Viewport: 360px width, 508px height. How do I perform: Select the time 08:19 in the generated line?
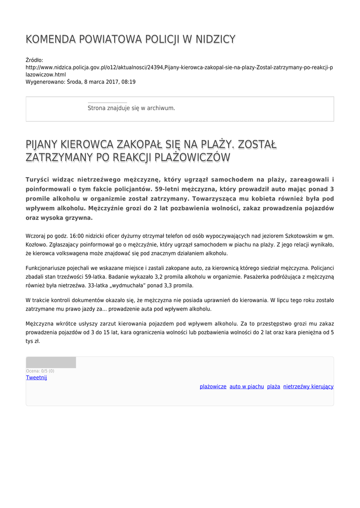pyautogui.click(x=129, y=82)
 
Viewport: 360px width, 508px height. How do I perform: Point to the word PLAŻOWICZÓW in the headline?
pyautogui.click(x=193, y=158)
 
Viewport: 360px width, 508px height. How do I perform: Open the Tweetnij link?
pyautogui.click(x=36, y=378)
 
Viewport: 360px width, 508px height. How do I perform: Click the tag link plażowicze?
pyautogui.click(x=213, y=386)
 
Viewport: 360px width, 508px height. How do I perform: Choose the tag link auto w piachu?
pyautogui.click(x=246, y=386)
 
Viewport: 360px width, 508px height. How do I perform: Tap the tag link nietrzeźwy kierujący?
pyautogui.click(x=308, y=386)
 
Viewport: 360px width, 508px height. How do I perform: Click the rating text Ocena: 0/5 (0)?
pyautogui.click(x=40, y=371)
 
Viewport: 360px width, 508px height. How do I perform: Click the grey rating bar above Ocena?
pyautogui.click(x=51, y=362)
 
